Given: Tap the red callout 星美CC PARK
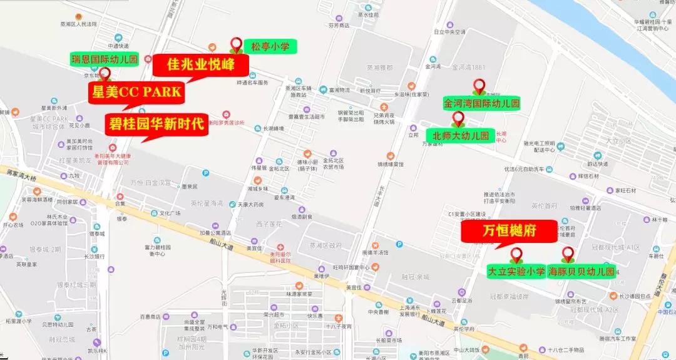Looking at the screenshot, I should click(x=136, y=93).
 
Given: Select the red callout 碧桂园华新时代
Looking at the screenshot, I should click(x=155, y=123).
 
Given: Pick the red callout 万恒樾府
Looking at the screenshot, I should click(x=510, y=231).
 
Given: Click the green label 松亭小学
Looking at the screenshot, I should click(x=270, y=46).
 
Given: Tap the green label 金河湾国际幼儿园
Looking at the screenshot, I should click(x=482, y=103).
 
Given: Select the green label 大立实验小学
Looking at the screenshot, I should click(x=516, y=271).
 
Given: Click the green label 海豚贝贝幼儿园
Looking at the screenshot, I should click(x=581, y=271).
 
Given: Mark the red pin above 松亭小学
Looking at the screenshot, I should click(x=237, y=44).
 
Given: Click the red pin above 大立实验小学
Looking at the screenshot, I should click(x=516, y=254).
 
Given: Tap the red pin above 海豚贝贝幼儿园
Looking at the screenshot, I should click(x=568, y=254).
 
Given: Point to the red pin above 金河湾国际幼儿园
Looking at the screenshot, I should click(x=479, y=86).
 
